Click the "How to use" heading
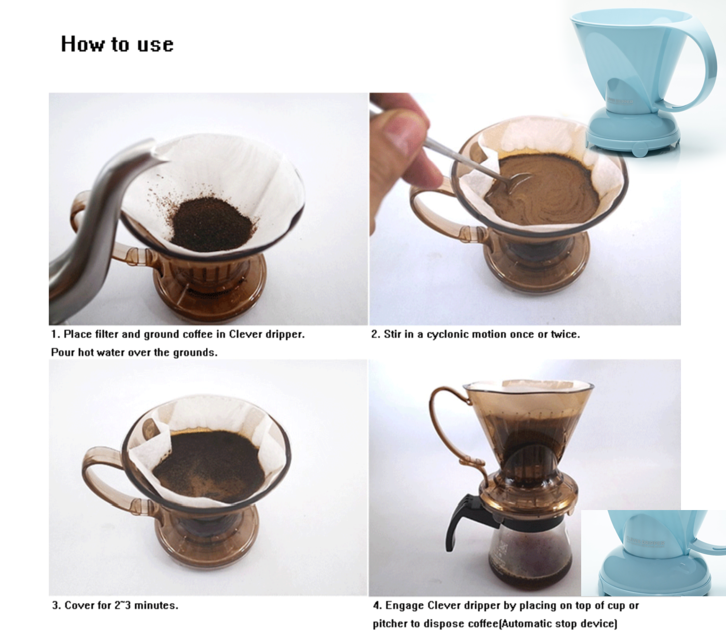(x=117, y=44)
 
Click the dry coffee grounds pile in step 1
(x=212, y=224)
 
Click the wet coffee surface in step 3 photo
(x=209, y=466)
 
